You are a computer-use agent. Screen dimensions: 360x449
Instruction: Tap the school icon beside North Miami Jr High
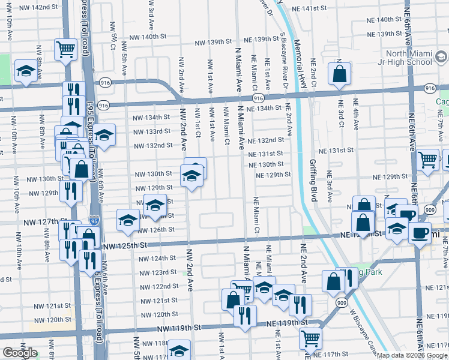tap(441, 58)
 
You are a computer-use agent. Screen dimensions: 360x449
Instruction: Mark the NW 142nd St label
tap(40, 7)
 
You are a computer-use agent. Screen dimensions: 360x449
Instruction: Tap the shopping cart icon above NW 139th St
tap(65, 50)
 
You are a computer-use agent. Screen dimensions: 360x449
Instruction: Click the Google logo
tap(20, 353)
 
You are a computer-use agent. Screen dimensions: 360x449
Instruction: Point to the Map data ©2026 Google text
tap(413, 355)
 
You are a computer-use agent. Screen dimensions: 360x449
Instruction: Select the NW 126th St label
tap(157, 230)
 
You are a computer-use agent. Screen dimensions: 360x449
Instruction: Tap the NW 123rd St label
tap(158, 272)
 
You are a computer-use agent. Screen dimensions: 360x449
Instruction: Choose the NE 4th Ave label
tap(356, 115)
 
